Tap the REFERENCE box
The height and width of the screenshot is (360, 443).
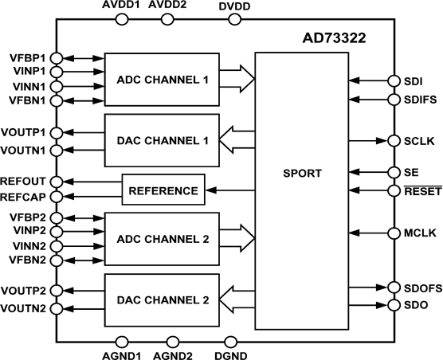click(x=163, y=190)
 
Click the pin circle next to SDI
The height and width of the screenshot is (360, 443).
click(x=393, y=80)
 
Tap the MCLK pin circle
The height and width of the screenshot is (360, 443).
click(x=393, y=234)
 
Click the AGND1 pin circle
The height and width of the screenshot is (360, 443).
click(x=122, y=342)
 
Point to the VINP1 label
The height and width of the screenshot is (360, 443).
click(x=27, y=71)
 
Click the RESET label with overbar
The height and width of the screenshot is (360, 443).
click(x=419, y=191)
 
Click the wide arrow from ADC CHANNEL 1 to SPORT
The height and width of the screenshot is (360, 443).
click(x=237, y=77)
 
